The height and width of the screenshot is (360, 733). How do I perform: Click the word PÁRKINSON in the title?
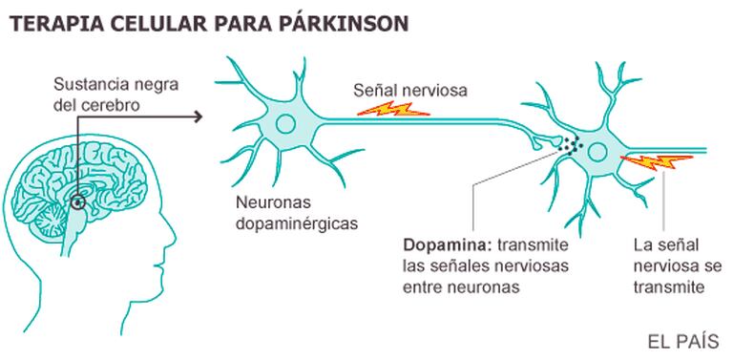pyautogui.click(x=344, y=23)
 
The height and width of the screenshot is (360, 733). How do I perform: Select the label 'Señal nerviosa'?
pyautogui.click(x=410, y=90)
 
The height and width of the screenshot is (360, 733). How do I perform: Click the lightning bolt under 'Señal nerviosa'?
pyautogui.click(x=392, y=109)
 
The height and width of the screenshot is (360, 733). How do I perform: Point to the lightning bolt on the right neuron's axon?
pyautogui.click(x=657, y=162)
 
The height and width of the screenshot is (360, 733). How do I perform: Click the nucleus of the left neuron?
pyautogui.click(x=285, y=124)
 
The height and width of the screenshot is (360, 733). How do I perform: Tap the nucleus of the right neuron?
pyautogui.click(x=597, y=152)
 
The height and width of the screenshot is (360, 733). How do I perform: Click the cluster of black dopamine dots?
pyautogui.click(x=572, y=144)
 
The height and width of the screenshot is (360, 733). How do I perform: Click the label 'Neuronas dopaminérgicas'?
pyautogui.click(x=297, y=213)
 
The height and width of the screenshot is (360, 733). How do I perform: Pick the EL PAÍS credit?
pyautogui.click(x=683, y=342)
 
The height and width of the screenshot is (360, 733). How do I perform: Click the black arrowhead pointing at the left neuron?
pyautogui.click(x=199, y=116)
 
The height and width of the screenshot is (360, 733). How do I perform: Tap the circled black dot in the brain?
pyautogui.click(x=77, y=202)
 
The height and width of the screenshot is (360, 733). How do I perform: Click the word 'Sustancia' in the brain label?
pyautogui.click(x=87, y=86)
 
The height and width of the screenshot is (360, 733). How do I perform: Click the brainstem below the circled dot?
pyautogui.click(x=73, y=234)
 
